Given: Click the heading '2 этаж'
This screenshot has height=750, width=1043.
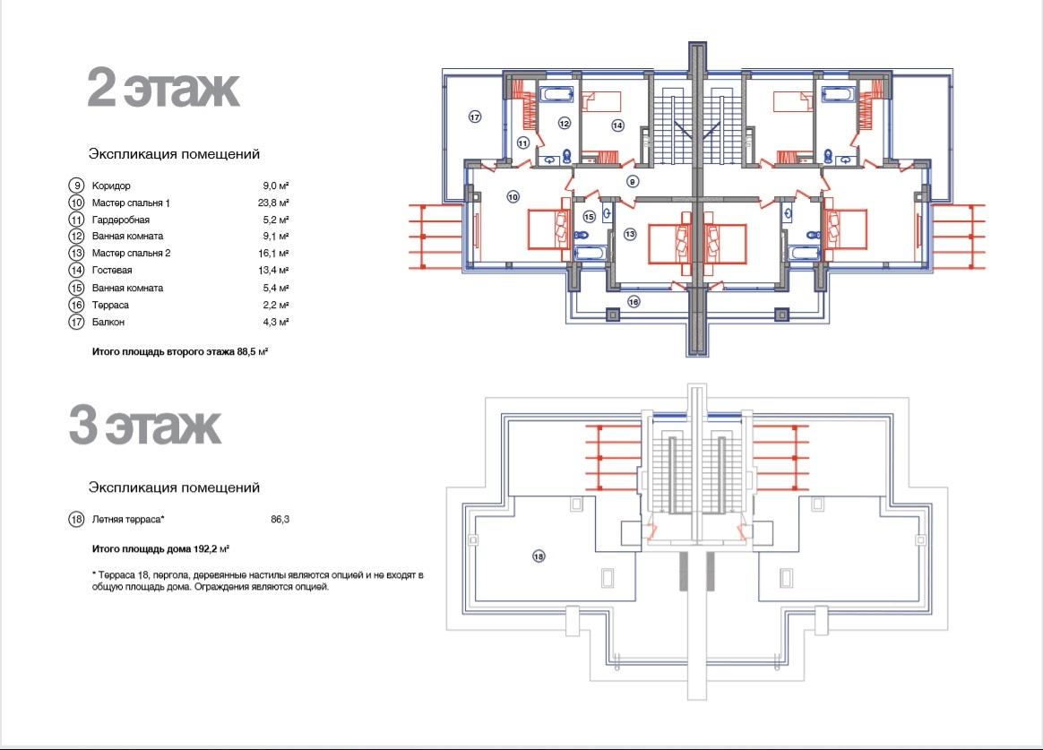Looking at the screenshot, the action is (163, 87).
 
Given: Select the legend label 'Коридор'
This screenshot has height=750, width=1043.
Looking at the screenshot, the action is (111, 185).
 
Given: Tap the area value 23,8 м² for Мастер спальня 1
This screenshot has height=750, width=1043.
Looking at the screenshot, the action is (275, 203).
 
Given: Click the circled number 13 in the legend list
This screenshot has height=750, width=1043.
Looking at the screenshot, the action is (76, 254).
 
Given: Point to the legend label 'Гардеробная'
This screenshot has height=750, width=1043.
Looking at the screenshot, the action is (120, 220).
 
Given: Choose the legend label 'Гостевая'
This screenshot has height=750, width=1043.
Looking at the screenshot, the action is (112, 270).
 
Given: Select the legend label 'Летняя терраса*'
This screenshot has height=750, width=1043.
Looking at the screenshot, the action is (128, 520).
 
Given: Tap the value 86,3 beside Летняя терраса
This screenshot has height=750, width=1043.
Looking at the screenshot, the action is (280, 520).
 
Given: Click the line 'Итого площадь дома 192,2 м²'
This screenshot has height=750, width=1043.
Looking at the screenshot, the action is (160, 549).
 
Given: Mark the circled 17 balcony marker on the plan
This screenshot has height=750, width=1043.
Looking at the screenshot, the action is (475, 117).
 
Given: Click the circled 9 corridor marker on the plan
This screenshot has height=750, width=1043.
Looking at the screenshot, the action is (633, 181).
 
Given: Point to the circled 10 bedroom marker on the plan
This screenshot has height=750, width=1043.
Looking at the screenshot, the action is (513, 197).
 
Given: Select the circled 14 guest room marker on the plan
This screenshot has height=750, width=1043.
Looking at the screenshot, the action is (618, 125).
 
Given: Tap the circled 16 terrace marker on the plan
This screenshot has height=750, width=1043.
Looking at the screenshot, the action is (634, 302).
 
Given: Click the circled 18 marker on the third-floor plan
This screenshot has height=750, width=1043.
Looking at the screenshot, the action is (539, 556).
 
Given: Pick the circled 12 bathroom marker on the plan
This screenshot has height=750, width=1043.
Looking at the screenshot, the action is (565, 123).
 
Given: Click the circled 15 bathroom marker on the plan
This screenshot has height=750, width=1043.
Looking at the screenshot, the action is (589, 217).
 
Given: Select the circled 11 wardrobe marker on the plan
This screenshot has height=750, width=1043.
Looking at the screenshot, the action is (522, 143).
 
